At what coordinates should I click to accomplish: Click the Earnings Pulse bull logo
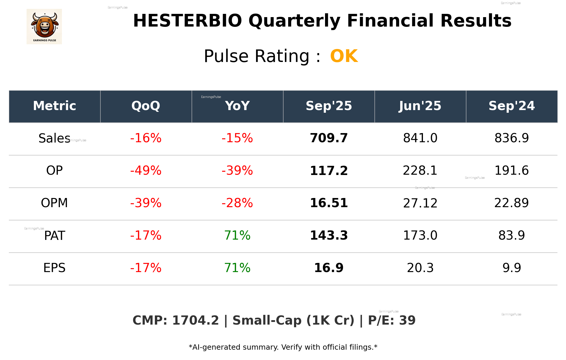point(44,26)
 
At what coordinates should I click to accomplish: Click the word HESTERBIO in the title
point(187,21)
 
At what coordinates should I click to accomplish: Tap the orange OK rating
point(344,56)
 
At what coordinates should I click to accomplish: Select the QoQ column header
point(146,106)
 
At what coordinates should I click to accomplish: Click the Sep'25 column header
point(329,106)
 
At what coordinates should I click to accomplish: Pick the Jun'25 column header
point(420,106)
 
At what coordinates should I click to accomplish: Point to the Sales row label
point(54,138)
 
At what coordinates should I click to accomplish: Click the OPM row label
point(54,203)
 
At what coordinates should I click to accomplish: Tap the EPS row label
point(54,268)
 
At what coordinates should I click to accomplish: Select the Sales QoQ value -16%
point(146,138)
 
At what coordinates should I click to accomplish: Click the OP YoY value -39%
point(237,171)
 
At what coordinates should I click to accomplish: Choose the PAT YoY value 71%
point(237,235)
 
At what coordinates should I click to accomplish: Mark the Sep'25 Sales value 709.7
point(329,138)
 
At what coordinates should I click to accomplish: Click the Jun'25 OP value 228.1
point(420,171)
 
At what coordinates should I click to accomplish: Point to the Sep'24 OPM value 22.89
point(511,203)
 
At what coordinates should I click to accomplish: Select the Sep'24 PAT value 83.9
point(511,235)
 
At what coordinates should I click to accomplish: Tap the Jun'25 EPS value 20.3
point(420,268)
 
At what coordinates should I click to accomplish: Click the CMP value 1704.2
point(195,320)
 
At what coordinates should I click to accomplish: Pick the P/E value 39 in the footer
point(407,320)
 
